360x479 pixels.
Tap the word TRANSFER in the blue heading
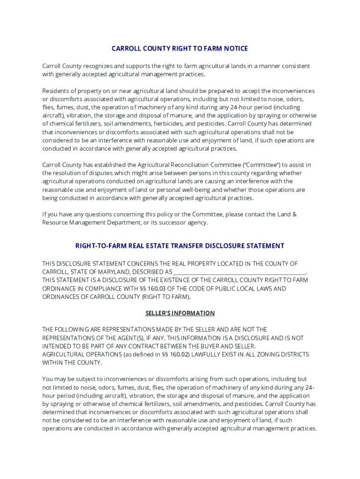tap(186, 246)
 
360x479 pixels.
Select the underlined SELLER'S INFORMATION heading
tap(180, 313)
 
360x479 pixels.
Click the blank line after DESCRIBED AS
tap(239, 272)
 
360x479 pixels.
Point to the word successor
tap(166, 223)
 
